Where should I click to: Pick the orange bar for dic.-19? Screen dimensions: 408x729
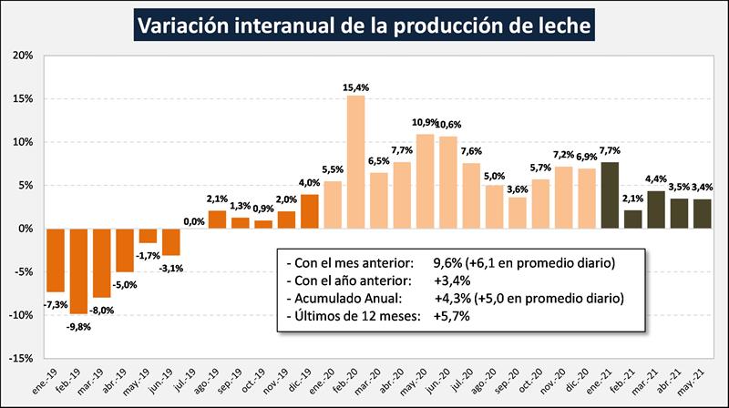[x=310, y=211]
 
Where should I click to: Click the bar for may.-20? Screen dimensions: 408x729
[x=426, y=181]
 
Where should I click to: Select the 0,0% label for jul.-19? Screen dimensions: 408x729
[x=193, y=219]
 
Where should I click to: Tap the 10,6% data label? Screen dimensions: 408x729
[x=449, y=125]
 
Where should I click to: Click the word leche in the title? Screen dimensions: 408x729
[x=560, y=25]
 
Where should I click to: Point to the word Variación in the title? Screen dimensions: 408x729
[x=181, y=25]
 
